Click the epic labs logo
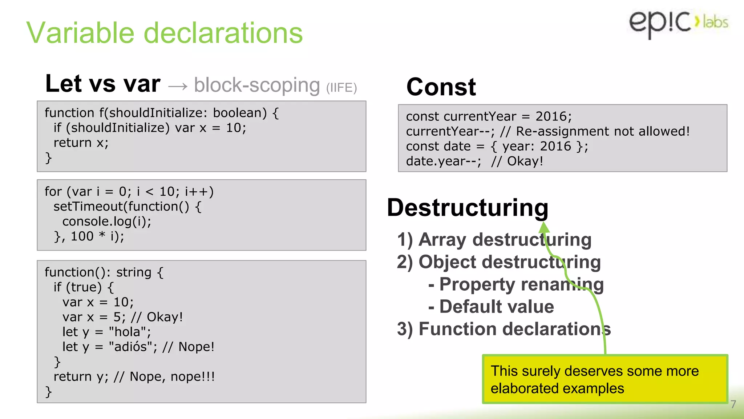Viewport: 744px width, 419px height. [678, 23]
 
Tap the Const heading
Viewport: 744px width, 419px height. [441, 87]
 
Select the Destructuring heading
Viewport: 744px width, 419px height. [468, 207]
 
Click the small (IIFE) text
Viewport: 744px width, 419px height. [341, 88]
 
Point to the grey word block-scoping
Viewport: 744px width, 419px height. [257, 85]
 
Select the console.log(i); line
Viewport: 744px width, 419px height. [107, 221]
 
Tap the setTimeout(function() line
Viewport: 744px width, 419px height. [127, 206]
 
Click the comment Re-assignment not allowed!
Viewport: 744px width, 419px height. [602, 131]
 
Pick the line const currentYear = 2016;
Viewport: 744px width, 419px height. [489, 116]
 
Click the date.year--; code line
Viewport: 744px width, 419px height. [444, 161]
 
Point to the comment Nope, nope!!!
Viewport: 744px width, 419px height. [172, 376]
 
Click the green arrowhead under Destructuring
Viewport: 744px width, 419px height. [544, 227]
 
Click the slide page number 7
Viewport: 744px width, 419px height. [733, 404]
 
